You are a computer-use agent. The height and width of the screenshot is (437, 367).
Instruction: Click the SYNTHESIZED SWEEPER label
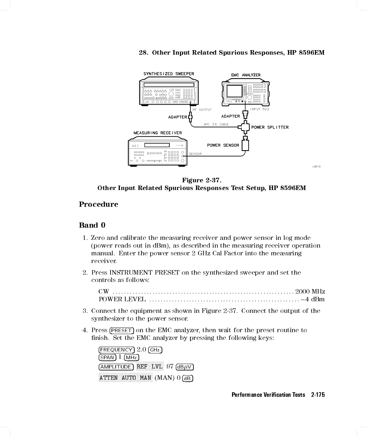click(169, 74)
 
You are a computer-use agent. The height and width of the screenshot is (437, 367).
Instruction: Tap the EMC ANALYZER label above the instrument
click(246, 75)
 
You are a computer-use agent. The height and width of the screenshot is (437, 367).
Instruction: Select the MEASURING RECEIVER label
click(157, 133)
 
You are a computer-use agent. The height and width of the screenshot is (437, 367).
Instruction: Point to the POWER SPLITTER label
click(270, 127)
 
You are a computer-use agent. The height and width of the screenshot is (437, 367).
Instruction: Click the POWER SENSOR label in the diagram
click(223, 145)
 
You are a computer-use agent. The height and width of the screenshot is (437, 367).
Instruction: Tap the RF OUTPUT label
click(202, 110)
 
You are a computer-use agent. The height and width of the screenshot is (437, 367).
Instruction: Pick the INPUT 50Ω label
click(260, 109)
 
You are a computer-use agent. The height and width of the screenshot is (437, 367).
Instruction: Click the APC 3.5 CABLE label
click(216, 124)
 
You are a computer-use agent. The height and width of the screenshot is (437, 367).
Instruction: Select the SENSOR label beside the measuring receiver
click(195, 154)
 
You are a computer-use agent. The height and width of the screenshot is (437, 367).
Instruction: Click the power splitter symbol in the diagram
click(245, 127)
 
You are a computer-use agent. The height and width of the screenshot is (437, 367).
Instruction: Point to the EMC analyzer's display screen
click(234, 90)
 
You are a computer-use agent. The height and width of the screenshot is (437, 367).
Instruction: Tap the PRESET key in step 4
click(121, 331)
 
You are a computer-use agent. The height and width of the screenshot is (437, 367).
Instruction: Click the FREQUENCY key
click(116, 350)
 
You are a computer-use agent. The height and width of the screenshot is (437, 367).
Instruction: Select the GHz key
click(155, 350)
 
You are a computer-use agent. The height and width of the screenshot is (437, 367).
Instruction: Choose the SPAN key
click(107, 358)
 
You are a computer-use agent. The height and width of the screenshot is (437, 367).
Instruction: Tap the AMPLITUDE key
click(116, 367)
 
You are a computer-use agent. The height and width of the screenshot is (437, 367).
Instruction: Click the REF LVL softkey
click(150, 367)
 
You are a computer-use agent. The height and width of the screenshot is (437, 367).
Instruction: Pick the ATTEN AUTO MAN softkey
click(125, 378)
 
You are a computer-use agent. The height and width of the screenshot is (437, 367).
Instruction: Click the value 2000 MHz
click(310, 292)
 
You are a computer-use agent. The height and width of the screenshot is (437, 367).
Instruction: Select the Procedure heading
click(98, 205)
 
